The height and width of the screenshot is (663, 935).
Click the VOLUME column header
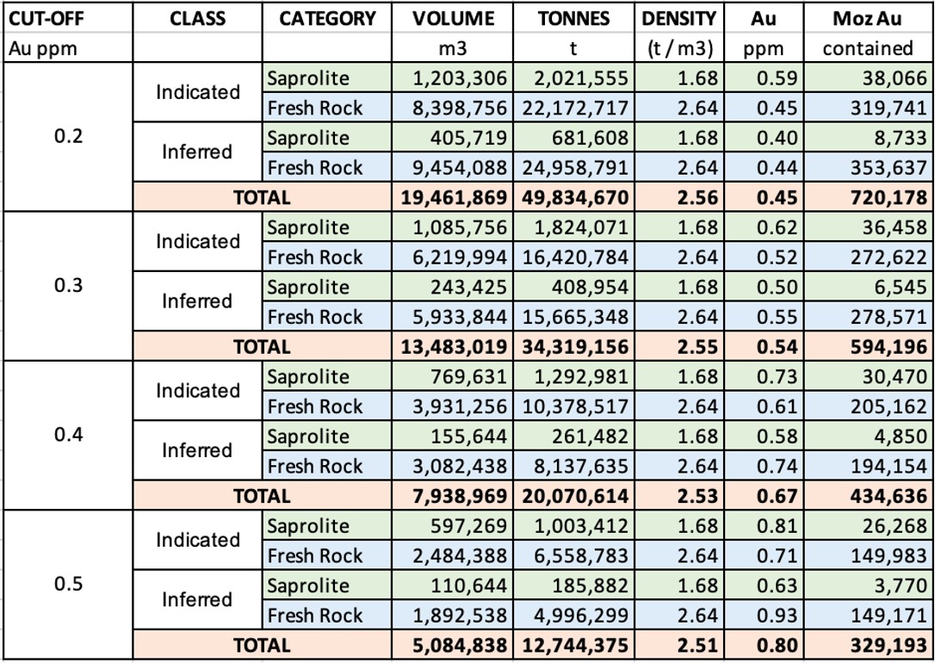point(454,18)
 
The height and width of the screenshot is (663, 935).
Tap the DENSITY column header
point(679,18)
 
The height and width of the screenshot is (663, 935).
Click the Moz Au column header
point(868,18)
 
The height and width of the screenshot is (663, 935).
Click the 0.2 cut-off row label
point(68,137)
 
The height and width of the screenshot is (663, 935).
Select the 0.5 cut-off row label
point(68,585)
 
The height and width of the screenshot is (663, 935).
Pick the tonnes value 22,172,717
point(574,108)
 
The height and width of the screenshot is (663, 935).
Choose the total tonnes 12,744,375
point(574,645)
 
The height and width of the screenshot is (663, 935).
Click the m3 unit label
point(454,48)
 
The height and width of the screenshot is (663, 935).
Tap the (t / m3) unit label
point(679,48)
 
